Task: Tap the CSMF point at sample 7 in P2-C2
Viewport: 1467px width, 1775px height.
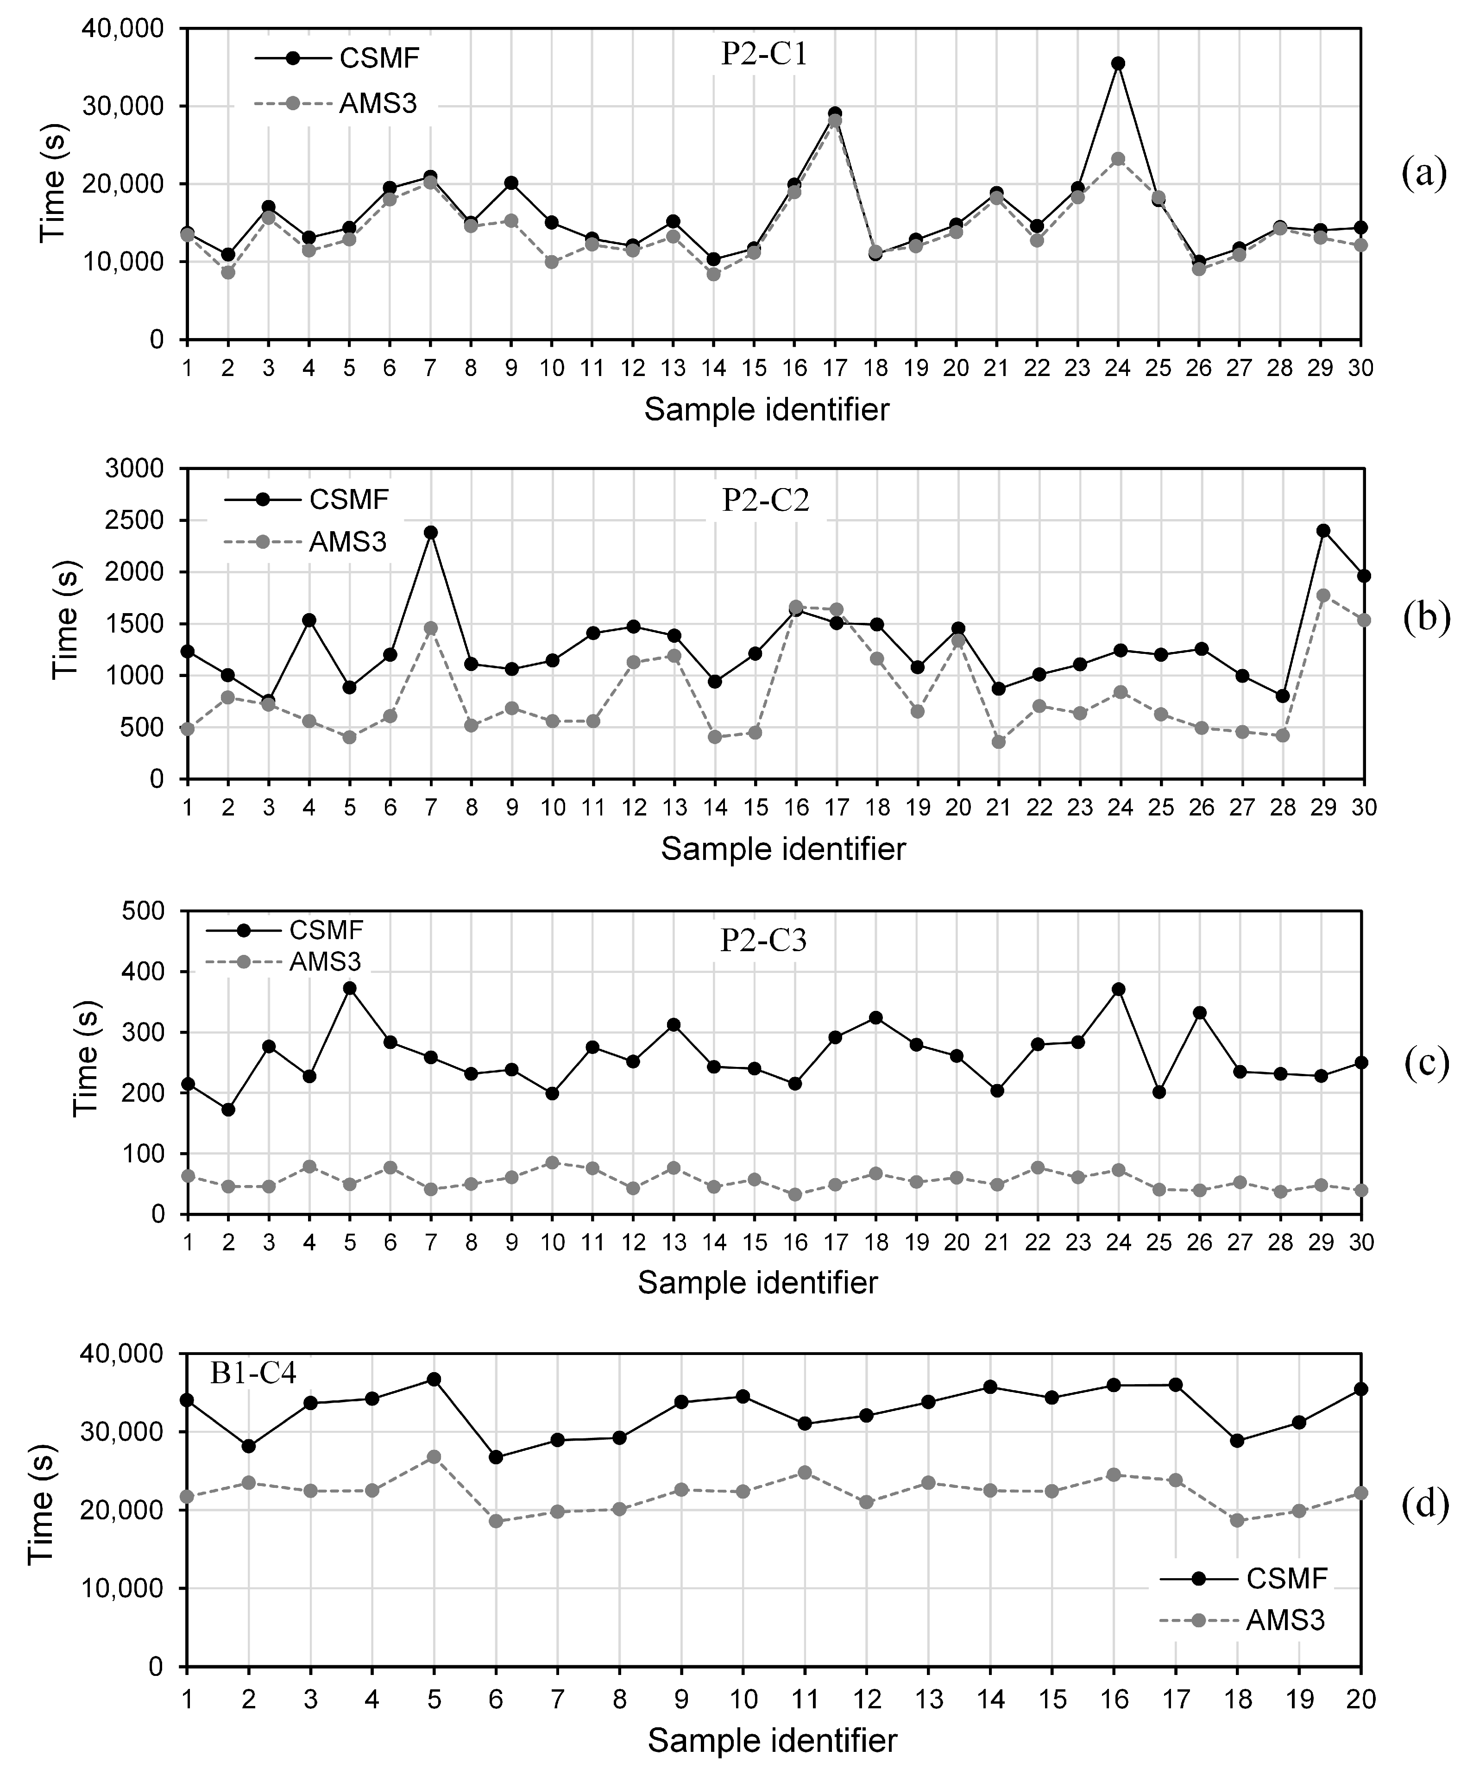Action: click(430, 532)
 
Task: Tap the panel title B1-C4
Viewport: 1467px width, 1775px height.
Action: click(253, 1374)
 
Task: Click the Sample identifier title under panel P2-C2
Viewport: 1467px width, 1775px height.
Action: click(782, 848)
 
